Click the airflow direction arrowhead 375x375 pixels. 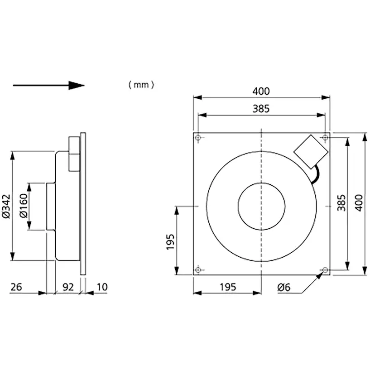pos(77,86)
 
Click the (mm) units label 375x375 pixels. pos(141,85)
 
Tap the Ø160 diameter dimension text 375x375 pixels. pos(24,206)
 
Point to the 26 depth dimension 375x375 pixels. pos(16,287)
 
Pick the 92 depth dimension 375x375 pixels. pos(68,287)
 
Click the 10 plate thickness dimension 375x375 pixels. pos(102,287)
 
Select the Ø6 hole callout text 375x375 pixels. pos(284,287)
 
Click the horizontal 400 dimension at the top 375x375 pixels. pos(261,91)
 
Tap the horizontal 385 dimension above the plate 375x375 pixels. pos(261,109)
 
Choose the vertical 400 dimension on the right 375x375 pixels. pos(359,203)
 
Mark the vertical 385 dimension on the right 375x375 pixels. pos(341,203)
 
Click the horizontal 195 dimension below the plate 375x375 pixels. pos(228,287)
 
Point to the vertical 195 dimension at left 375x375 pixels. pos(170,242)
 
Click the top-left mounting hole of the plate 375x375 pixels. pos(198,138)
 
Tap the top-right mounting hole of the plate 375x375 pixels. pos(325,138)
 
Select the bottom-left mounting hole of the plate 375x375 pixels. pos(198,270)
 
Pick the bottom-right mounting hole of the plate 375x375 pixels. pos(325,270)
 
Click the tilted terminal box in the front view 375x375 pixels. pos(311,152)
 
